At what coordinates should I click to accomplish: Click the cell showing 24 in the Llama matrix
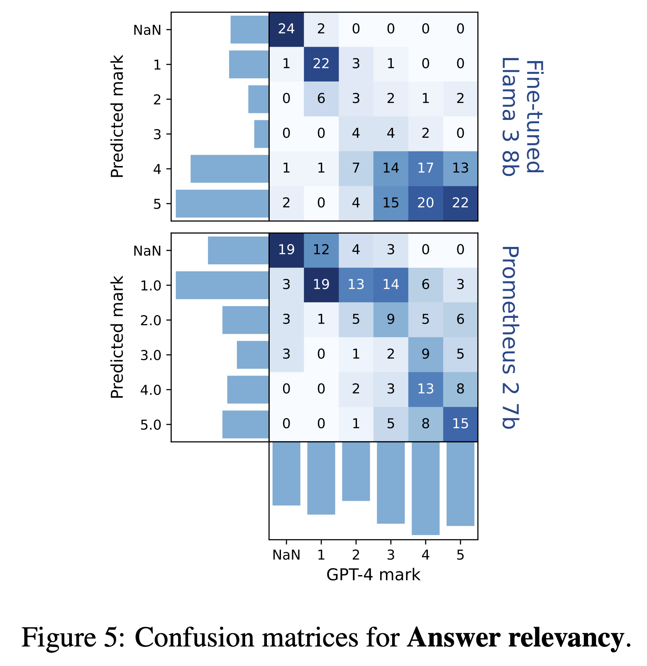[286, 29]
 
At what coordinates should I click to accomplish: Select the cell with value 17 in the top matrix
[425, 168]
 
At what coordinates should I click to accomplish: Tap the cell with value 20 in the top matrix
[425, 203]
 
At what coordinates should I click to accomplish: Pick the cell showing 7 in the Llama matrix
[356, 168]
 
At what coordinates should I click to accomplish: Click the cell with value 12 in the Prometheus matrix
[321, 250]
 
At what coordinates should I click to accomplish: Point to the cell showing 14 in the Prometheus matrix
[391, 285]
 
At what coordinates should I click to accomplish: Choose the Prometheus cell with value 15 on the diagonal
[460, 424]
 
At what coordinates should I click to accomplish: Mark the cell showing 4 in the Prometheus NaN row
[356, 250]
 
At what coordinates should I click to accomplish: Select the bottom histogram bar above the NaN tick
[286, 473]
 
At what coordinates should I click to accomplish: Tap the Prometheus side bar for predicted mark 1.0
[222, 285]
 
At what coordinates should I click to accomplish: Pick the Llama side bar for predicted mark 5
[222, 203]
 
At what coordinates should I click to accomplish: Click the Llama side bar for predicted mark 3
[261, 134]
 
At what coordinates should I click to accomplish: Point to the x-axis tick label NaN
[286, 555]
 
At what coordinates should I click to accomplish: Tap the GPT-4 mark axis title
[373, 575]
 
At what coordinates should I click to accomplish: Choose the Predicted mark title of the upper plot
[117, 116]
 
